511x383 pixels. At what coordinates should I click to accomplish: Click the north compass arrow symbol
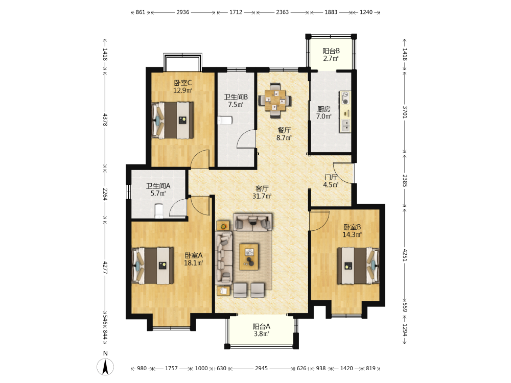tap(105, 367)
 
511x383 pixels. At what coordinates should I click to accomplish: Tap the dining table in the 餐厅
tap(275, 100)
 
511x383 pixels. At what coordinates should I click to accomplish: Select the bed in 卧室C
tap(173, 120)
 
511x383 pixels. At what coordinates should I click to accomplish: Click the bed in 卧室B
tap(358, 266)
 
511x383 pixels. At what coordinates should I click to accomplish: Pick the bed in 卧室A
tap(152, 266)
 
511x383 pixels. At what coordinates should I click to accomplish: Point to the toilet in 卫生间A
tap(159, 211)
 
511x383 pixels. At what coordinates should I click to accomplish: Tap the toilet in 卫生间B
tap(225, 120)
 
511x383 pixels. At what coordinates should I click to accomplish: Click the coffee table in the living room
tap(249, 257)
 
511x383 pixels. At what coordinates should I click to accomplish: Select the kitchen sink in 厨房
tap(345, 126)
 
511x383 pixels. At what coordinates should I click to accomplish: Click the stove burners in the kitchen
tap(345, 98)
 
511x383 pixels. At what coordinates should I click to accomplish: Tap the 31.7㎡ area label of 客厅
tap(262, 196)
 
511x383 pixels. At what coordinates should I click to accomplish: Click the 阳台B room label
tap(331, 51)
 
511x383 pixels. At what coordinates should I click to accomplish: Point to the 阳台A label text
tap(261, 326)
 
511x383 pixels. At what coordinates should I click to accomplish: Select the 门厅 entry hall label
tap(331, 178)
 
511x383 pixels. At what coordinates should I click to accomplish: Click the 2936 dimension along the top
tap(183, 12)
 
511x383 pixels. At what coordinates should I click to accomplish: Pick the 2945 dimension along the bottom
tap(261, 368)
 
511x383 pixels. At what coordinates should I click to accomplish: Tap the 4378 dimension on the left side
tap(105, 119)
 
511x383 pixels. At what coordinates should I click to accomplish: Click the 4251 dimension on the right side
tap(405, 255)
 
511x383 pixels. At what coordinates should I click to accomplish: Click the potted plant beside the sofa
tap(223, 225)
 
